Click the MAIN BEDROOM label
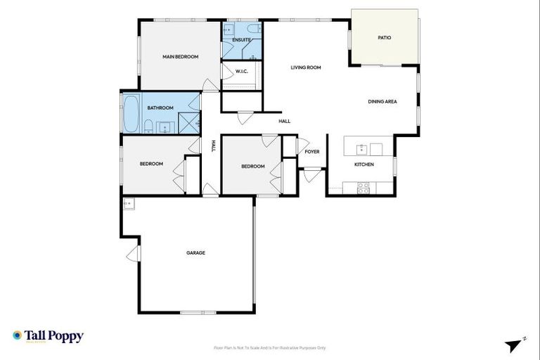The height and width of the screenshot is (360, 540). click(x=180, y=56)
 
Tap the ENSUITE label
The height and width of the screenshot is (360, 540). click(x=241, y=39)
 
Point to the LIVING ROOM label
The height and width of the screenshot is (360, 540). click(x=306, y=67)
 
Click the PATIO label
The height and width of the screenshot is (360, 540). click(x=384, y=37)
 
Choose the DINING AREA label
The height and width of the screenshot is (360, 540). click(x=382, y=101)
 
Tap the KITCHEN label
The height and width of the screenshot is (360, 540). click(x=364, y=165)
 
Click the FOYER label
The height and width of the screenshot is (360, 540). click(x=312, y=151)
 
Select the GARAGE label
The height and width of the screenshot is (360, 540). click(x=195, y=252)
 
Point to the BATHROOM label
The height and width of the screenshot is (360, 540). click(x=160, y=108)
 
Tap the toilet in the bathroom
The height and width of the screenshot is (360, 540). click(x=148, y=127)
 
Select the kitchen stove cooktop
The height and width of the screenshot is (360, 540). click(x=364, y=188)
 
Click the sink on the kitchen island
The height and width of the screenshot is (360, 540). click(x=361, y=148)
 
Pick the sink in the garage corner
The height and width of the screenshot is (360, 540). click(x=129, y=204)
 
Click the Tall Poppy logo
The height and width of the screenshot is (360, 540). click(x=48, y=336)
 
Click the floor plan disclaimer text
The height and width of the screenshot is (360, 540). click(x=270, y=347)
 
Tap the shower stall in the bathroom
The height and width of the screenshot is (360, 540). click(x=188, y=123)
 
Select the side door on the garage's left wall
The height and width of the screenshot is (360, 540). click(x=134, y=253)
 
